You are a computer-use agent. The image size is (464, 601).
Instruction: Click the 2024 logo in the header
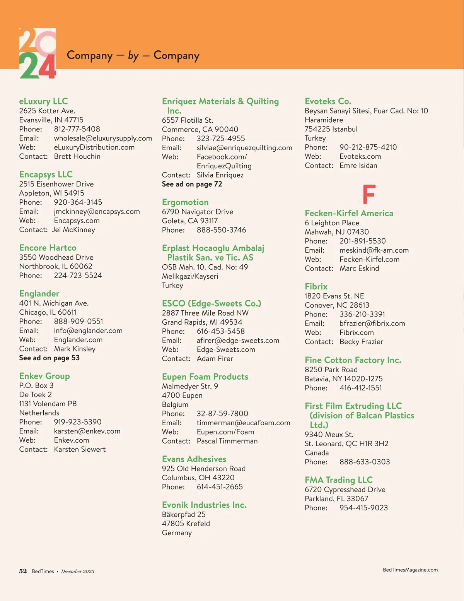tap(38, 53)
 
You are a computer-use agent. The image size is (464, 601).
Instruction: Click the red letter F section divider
tap(369, 194)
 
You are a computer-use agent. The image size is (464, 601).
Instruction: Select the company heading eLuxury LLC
tap(43, 101)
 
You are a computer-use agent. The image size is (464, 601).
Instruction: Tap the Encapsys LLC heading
tap(46, 175)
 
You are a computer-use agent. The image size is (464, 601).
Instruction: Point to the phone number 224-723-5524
tap(78, 276)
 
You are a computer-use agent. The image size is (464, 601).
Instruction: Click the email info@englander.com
tap(88, 330)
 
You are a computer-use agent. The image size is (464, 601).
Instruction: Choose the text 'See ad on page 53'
tap(49, 358)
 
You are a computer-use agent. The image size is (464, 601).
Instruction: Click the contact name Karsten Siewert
tap(80, 449)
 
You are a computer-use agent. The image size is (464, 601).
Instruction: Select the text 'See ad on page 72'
tap(192, 184)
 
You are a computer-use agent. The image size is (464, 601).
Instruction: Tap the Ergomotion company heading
tap(185, 202)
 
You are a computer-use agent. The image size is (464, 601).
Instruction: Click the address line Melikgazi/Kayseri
tap(190, 276)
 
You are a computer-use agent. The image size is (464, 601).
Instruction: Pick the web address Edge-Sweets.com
tap(226, 349)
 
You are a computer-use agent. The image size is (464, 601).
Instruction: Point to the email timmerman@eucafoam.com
tap(243, 423)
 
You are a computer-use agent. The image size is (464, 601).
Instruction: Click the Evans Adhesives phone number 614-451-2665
tap(220, 487)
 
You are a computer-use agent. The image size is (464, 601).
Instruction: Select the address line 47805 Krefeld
tap(186, 524)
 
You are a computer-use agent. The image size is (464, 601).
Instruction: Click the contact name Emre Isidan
tap(358, 166)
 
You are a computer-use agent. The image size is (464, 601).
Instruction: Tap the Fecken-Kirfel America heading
tap(349, 213)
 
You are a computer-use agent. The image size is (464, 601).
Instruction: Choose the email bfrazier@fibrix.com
tap(372, 324)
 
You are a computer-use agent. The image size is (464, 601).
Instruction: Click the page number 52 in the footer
tap(23, 571)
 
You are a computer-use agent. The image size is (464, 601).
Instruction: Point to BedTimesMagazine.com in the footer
tap(410, 570)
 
